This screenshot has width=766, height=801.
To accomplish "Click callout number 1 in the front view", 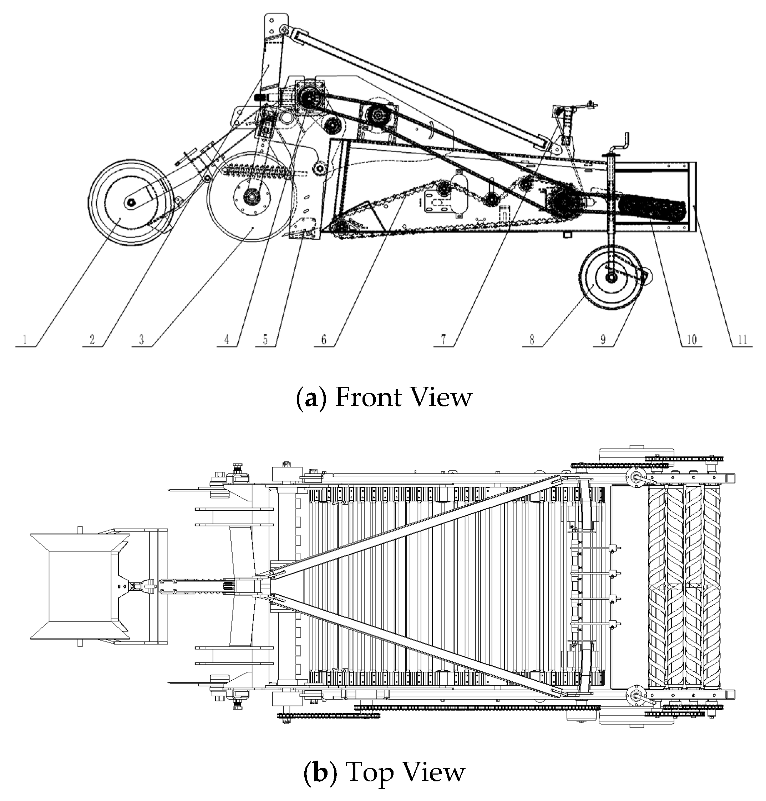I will click(x=25, y=340).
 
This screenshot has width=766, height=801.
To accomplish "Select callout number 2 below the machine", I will click(x=92, y=340).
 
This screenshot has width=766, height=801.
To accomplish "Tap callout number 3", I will click(x=141, y=340).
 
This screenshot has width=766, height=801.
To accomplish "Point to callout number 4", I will click(x=227, y=340).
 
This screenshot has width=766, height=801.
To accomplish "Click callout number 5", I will click(x=265, y=340).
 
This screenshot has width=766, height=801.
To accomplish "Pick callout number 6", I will click(x=324, y=340).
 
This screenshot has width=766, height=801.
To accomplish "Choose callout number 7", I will click(x=443, y=340).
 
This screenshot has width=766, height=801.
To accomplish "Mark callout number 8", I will click(x=532, y=340).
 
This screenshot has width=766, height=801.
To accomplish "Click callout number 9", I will click(x=603, y=340).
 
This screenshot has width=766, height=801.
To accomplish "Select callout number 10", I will click(x=692, y=340).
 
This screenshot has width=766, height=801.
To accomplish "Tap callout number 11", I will click(x=742, y=340).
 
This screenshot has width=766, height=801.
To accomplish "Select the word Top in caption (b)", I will click(x=365, y=772).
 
